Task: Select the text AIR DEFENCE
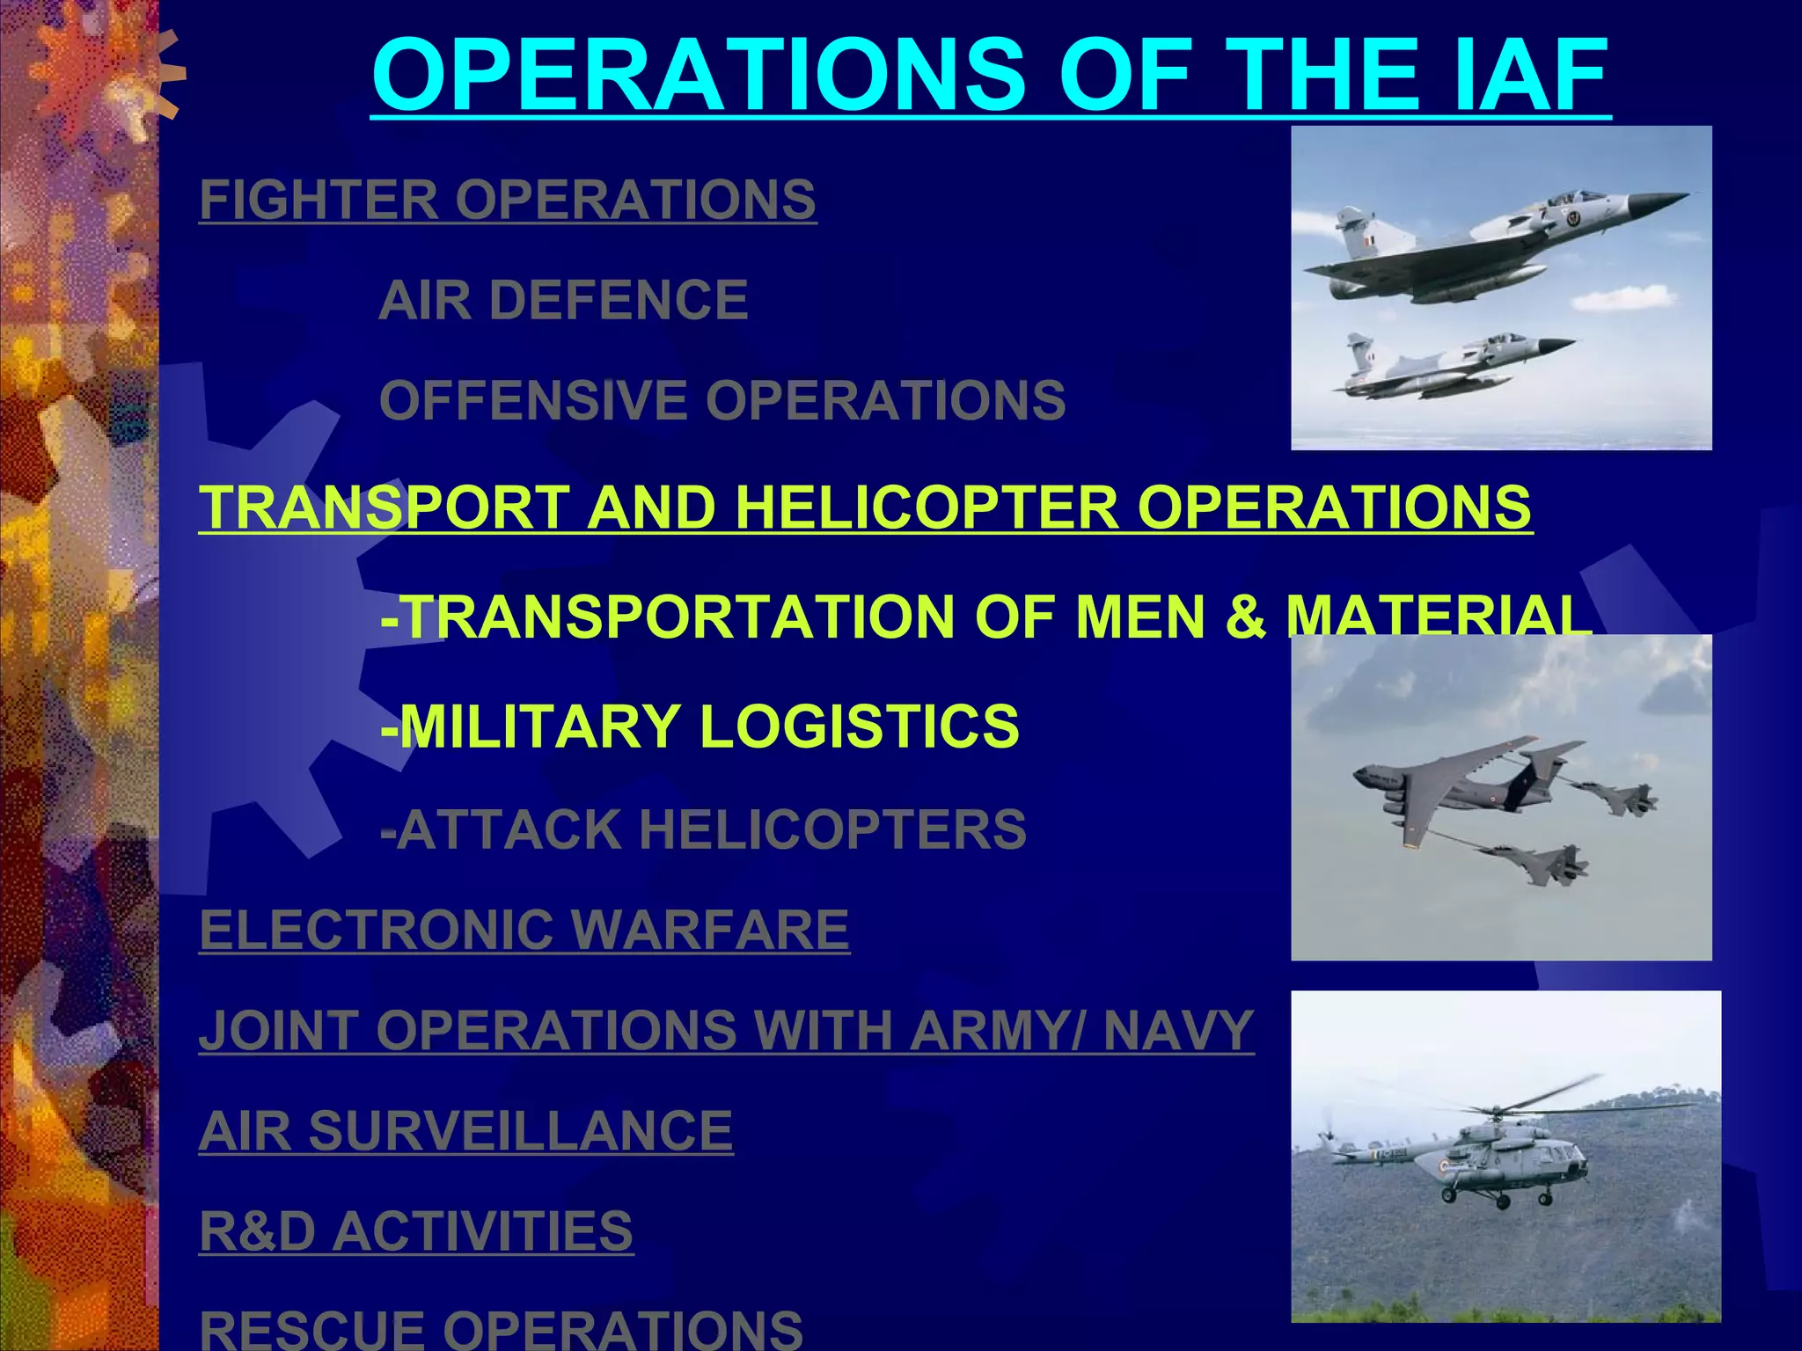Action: [563, 300]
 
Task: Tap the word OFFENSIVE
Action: [532, 400]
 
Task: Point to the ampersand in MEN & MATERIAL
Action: [1244, 616]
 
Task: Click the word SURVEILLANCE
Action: [520, 1130]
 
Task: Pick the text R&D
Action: [257, 1231]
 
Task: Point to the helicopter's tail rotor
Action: [1328, 1140]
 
